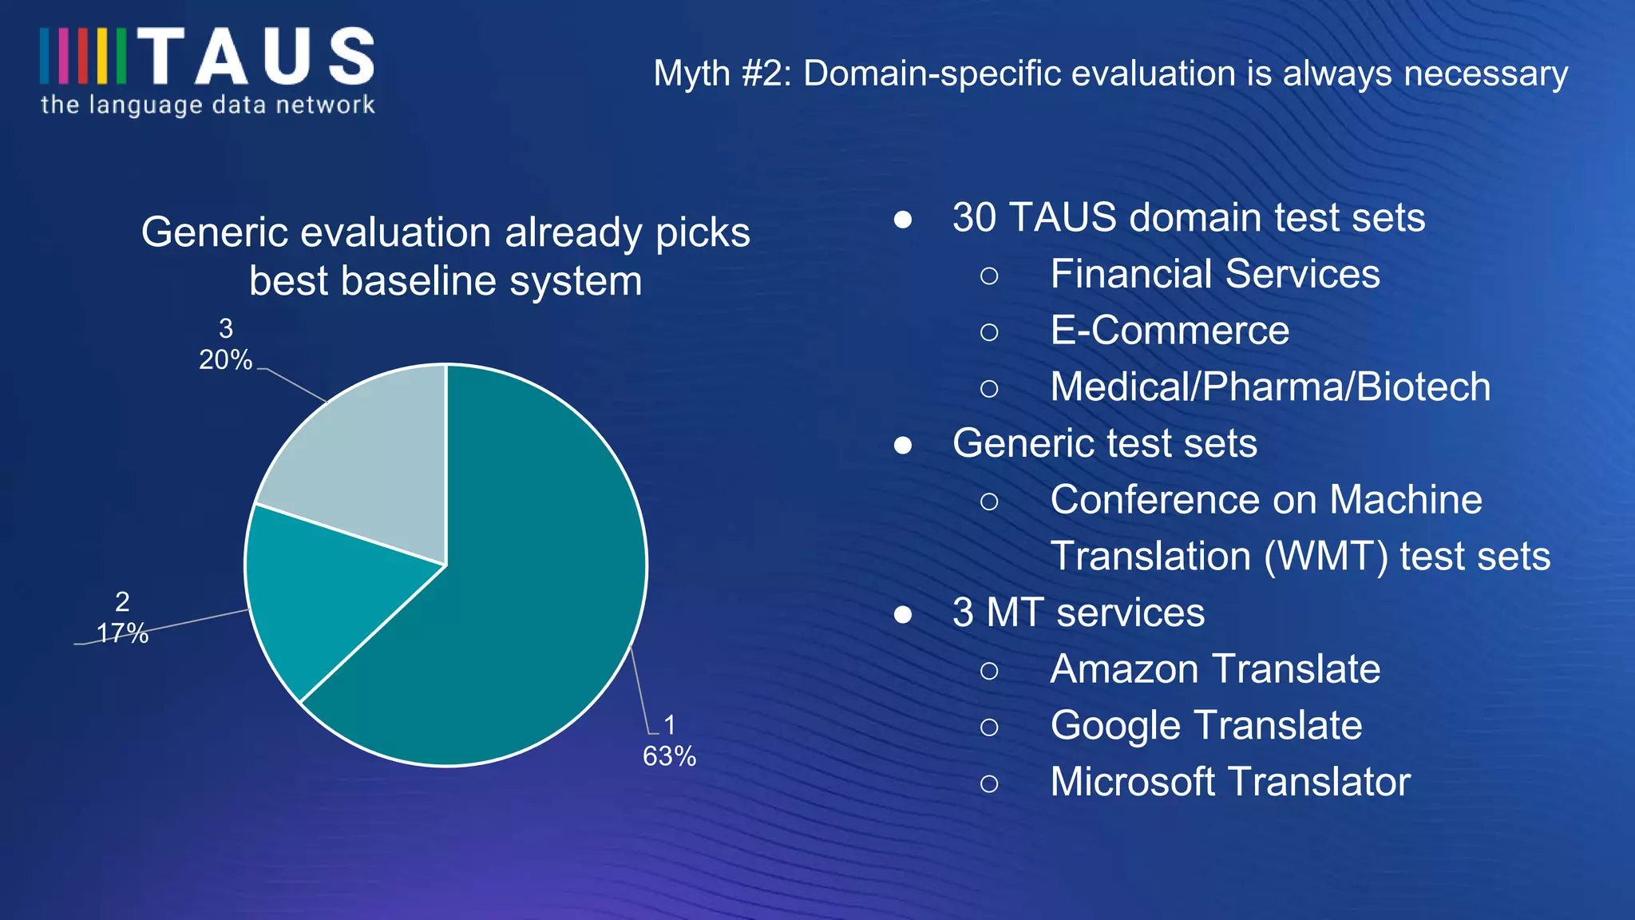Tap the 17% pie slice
[319, 599]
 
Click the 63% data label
[669, 755]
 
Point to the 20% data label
[225, 359]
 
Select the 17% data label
[122, 632]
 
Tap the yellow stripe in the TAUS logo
[102, 57]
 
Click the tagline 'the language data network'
[208, 105]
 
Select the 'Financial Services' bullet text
[1214, 274]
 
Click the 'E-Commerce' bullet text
[1170, 331]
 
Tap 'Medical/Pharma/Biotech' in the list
[1270, 387]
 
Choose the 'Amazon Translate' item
[1214, 669]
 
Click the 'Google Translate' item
[1205, 726]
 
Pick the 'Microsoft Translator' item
[1229, 782]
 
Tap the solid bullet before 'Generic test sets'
[903, 445]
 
